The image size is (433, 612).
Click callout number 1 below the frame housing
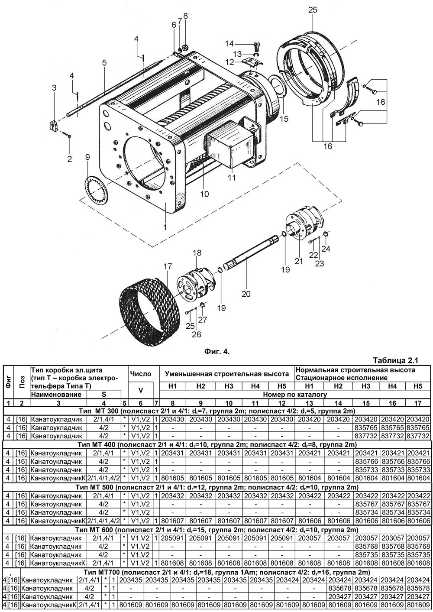pos(165,227)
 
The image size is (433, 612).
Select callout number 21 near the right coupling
pos(299,262)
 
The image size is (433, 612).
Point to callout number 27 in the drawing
pos(203,319)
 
